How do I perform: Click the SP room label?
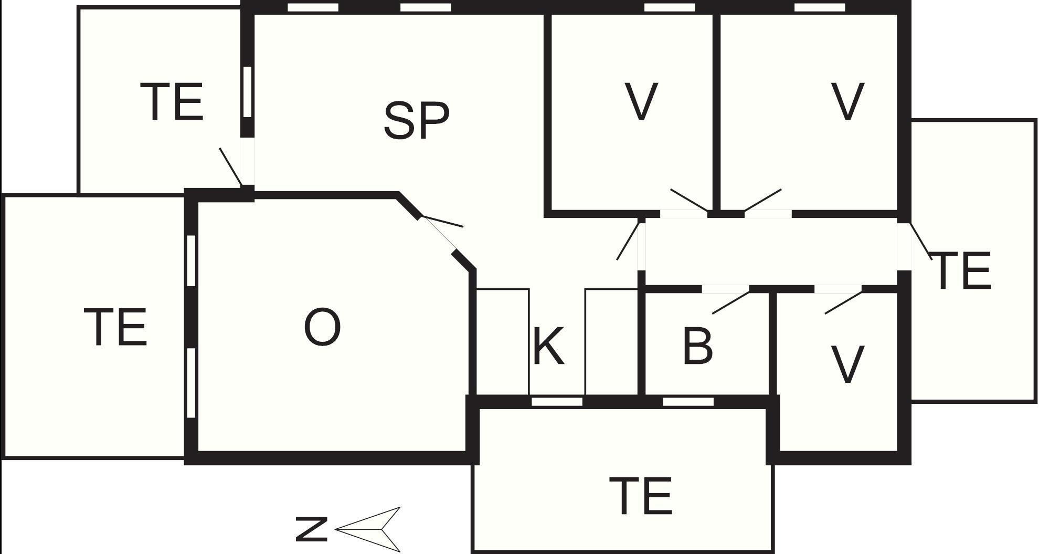[417, 120]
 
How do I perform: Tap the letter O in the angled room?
[322, 327]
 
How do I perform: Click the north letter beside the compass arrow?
[311, 529]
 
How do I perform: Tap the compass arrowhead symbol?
[368, 529]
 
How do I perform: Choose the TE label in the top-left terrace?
[172, 102]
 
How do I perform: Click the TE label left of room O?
[115, 327]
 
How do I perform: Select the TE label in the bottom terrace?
[641, 496]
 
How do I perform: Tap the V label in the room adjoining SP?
[641, 101]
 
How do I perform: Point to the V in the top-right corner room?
[848, 101]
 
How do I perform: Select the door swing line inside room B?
[731, 302]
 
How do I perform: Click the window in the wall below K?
[557, 402]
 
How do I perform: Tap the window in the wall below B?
[688, 402]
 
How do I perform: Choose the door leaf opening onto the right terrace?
[921, 241]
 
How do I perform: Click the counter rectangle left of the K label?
[503, 341]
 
